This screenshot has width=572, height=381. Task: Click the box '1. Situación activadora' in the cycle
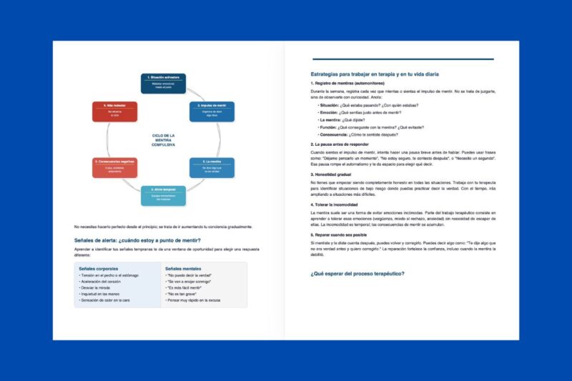click(162, 82)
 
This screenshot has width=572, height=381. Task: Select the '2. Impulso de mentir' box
click(211, 111)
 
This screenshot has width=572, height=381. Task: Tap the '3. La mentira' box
click(211, 167)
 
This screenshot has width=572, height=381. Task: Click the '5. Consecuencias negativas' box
click(114, 167)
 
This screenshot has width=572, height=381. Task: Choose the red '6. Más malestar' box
click(114, 111)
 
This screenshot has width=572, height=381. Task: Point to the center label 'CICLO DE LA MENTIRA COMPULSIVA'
click(163, 139)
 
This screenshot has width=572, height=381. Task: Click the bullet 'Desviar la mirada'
click(101, 287)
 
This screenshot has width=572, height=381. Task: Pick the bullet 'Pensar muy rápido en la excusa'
click(194, 300)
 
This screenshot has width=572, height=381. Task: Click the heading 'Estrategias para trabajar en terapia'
click(380, 74)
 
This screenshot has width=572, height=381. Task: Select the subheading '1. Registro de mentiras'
click(348, 84)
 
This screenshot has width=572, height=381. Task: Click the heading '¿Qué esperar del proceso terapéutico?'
click(357, 274)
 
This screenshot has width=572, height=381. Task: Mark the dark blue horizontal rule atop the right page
click(403, 59)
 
